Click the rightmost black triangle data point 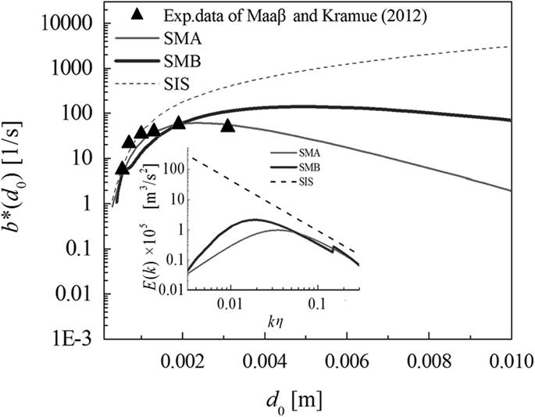[x=228, y=125]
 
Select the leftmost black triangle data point [x=122, y=167]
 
